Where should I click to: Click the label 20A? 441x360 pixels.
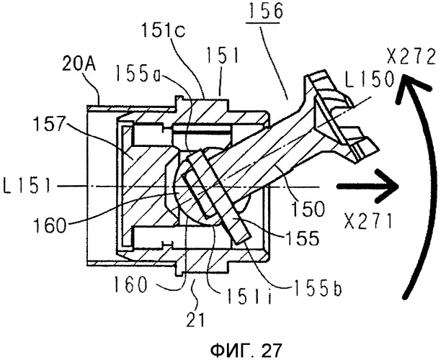[79, 65]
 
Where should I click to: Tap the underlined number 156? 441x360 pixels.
[264, 12]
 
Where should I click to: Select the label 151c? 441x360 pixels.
[164, 30]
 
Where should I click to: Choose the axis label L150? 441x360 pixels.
[369, 78]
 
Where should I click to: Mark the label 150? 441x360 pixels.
[308, 208]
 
